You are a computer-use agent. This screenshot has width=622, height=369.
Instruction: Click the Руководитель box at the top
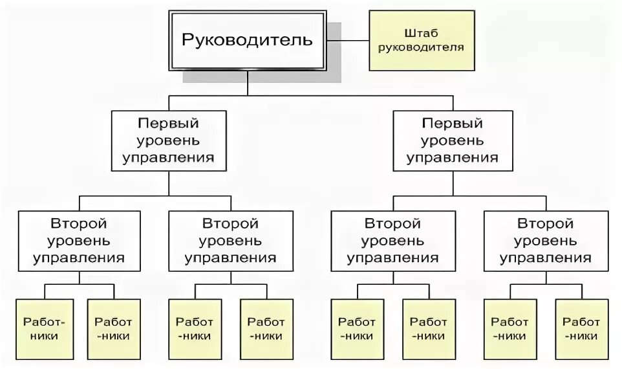(247, 40)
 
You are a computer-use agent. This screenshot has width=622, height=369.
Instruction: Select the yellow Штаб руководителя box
(422, 40)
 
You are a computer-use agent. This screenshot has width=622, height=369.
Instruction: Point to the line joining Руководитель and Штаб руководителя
(347, 40)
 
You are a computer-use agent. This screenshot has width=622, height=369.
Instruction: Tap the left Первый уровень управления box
(169, 140)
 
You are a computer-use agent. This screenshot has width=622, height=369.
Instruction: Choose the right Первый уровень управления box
(453, 140)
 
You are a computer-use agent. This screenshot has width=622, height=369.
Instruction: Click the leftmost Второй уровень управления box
(79, 241)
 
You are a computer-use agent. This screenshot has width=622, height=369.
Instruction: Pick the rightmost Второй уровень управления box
(545, 241)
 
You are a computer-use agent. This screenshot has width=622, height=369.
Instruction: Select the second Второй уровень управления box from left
(230, 241)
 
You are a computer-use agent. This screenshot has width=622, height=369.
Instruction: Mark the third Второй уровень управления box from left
(392, 241)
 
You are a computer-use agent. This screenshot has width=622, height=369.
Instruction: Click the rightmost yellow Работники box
(581, 329)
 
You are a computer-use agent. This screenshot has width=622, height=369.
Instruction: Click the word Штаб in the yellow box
(422, 32)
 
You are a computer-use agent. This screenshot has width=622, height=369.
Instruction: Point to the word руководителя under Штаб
(422, 47)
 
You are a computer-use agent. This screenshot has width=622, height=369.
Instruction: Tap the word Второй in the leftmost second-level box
(79, 224)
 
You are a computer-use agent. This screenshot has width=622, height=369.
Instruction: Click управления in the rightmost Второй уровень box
(545, 258)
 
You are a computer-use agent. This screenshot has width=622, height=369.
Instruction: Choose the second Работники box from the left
(113, 329)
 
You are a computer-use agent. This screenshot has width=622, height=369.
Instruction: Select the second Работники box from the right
(510, 329)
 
